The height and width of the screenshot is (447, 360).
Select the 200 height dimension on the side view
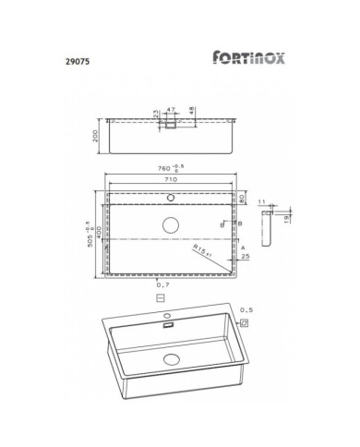pos(97,139)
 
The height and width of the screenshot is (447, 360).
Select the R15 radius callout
pos(205,249)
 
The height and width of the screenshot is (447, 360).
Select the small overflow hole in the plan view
pos(170,197)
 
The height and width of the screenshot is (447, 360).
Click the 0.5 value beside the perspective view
pos(245,310)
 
